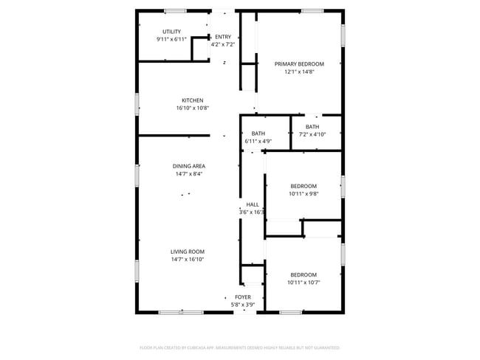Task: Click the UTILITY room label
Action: point(171,32)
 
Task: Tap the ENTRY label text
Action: point(223,37)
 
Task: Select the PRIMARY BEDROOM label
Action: point(299,64)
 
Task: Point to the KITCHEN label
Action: point(192,100)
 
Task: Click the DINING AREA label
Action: point(188,166)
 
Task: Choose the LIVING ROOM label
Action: point(188,252)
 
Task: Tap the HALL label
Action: point(253,204)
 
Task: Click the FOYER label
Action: point(243,297)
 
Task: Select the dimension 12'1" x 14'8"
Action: point(299,72)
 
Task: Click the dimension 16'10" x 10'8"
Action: point(192,108)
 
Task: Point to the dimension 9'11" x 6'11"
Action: point(171,39)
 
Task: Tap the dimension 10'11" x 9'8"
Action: point(303,194)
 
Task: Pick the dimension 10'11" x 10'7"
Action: point(303,282)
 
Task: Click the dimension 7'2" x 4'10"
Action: point(312,134)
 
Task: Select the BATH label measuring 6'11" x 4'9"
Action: point(258,134)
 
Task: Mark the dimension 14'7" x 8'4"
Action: point(188,174)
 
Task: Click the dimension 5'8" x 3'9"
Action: point(243,304)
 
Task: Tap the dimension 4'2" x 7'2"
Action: point(223,44)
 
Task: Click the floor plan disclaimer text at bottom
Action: point(240,347)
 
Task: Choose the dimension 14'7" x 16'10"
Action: point(188,260)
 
